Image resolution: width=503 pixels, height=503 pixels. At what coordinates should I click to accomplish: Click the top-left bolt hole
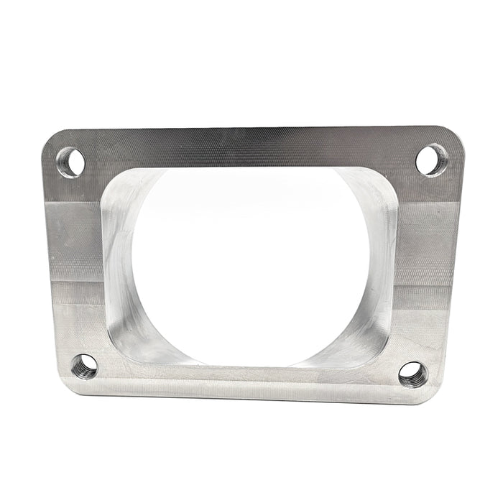[71, 162]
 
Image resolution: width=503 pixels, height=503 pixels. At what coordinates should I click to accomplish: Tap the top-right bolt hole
[431, 160]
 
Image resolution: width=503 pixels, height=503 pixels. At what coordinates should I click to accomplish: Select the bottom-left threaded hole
[85, 366]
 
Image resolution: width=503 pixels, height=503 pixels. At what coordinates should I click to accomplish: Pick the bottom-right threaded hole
[412, 373]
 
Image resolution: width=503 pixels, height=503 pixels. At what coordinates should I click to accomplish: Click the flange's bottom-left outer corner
[67, 389]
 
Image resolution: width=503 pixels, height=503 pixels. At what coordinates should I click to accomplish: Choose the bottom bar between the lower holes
[248, 377]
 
